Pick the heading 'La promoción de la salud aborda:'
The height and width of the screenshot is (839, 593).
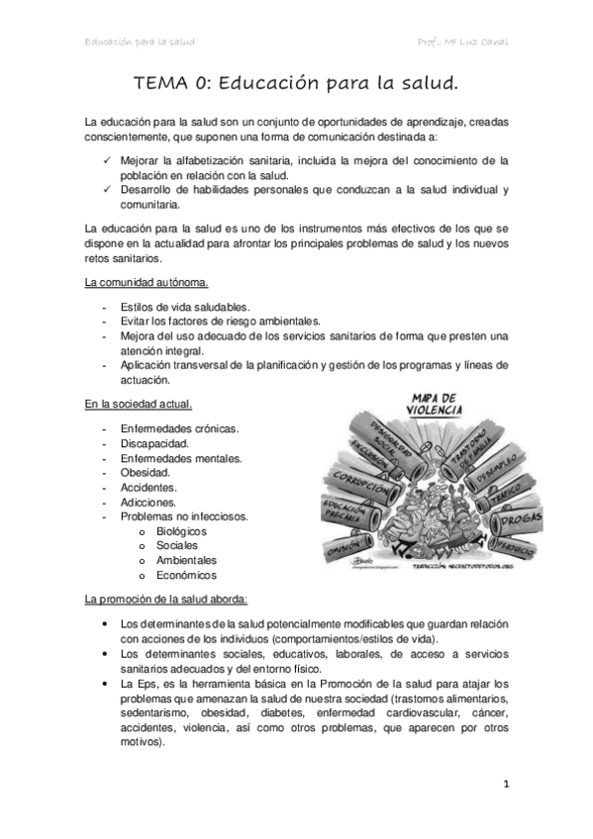pos(166,600)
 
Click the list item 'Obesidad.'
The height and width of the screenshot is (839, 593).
pos(145,472)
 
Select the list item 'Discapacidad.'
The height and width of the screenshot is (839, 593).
pos(154,443)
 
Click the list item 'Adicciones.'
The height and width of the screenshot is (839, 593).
pos(149,502)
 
